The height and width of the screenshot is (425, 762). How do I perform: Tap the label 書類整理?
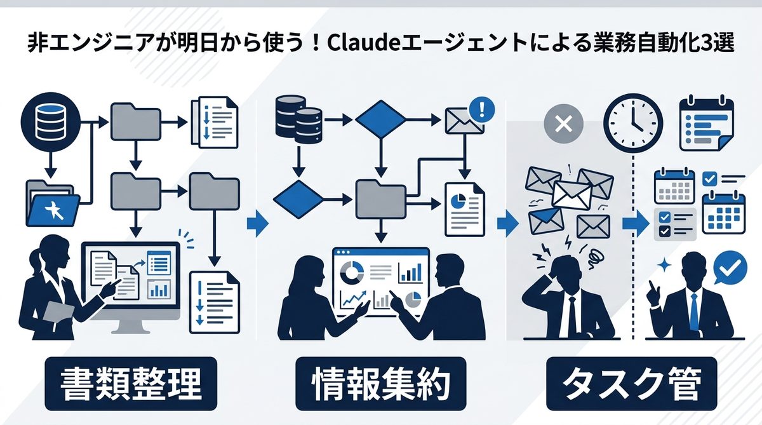click(131, 384)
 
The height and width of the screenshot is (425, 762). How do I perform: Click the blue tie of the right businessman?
click(693, 311)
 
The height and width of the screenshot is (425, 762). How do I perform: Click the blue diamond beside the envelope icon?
click(380, 119)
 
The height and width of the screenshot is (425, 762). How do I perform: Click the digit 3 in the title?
click(698, 48)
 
